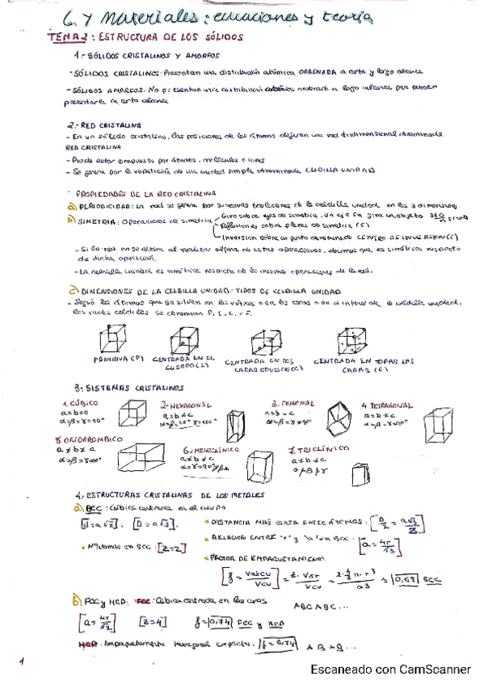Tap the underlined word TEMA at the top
pyautogui.click(x=60, y=37)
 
